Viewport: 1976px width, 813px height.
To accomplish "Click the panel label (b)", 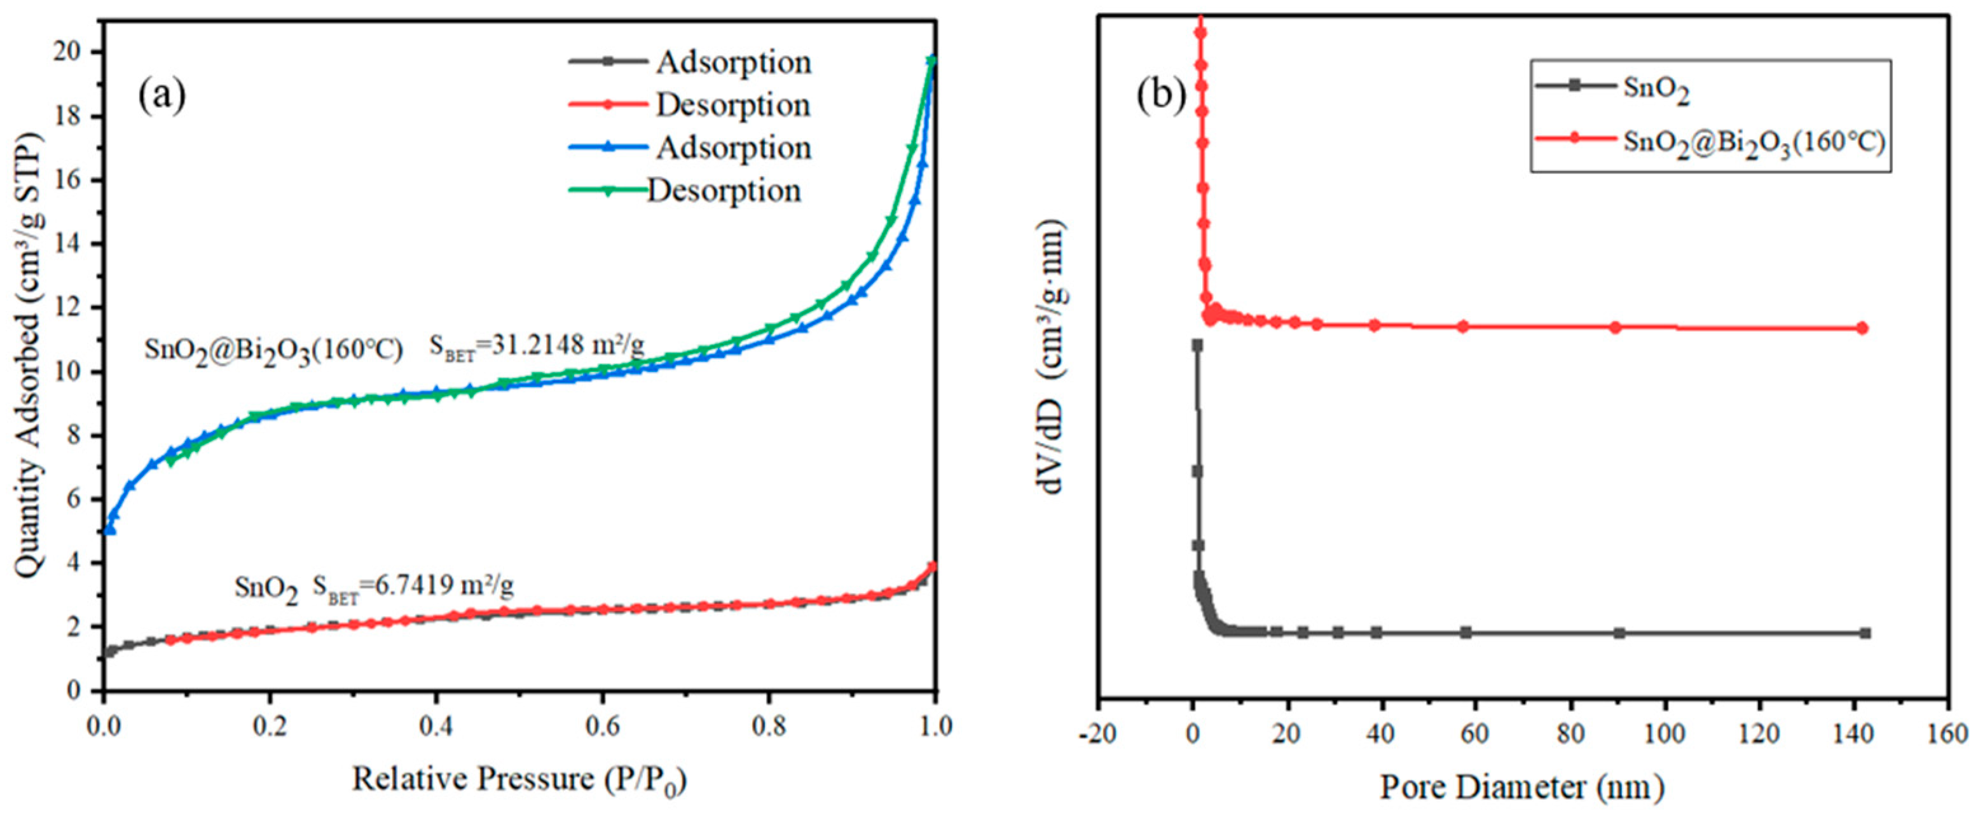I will [x=1162, y=96].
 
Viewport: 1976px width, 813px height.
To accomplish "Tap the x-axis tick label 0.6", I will [x=602, y=725].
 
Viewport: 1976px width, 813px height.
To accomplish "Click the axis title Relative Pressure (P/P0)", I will [x=519, y=780].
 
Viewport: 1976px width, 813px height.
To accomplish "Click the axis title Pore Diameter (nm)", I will [x=1523, y=788].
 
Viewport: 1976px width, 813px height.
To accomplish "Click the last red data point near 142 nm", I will [x=1862, y=328].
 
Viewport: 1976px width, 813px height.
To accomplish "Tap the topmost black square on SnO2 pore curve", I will [x=1197, y=345].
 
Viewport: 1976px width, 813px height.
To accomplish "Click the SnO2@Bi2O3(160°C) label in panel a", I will [x=274, y=350].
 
